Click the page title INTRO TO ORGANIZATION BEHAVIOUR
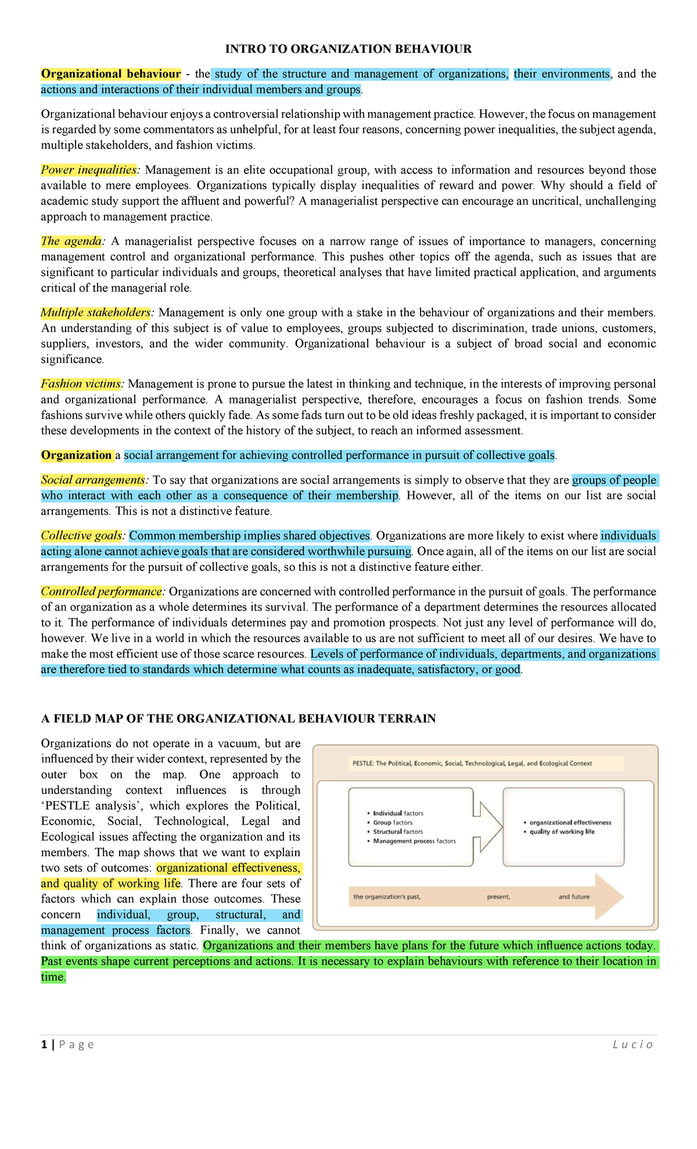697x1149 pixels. (x=348, y=49)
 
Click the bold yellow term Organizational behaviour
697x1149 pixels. (x=110, y=74)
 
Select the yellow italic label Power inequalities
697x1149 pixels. (x=88, y=170)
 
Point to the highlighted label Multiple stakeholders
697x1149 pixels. (x=95, y=313)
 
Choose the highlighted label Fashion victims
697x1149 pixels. (x=81, y=384)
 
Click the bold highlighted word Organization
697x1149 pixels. (x=76, y=455)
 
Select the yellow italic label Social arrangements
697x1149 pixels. (x=92, y=480)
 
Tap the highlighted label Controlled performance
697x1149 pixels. (x=101, y=592)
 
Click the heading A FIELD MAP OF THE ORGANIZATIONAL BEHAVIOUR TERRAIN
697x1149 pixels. (x=238, y=719)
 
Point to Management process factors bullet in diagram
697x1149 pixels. (x=414, y=841)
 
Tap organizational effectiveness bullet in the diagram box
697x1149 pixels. (x=570, y=823)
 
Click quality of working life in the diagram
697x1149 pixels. (x=562, y=832)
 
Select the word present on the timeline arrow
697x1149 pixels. (x=498, y=897)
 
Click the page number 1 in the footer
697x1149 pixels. (x=44, y=1045)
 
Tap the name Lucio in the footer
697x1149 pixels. (x=633, y=1045)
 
